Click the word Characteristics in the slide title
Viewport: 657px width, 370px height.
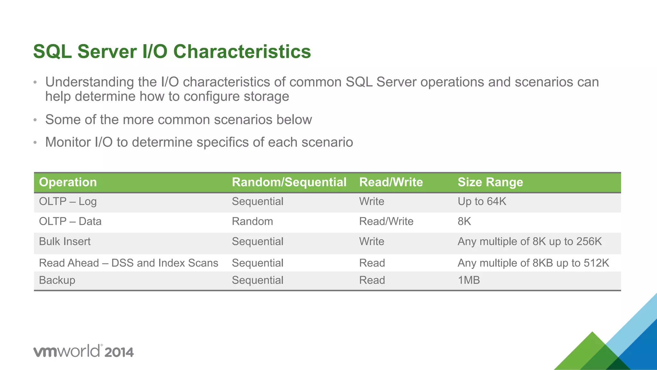pos(242,52)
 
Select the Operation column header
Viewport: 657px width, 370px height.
pos(68,182)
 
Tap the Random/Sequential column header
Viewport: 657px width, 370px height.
pos(289,182)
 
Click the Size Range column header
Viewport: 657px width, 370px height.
pos(490,182)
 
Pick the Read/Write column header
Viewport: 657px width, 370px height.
pos(391,182)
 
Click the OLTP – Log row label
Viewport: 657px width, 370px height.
pos(68,202)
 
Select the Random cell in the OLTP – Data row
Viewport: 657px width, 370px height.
pos(252,221)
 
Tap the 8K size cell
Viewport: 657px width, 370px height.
pos(464,221)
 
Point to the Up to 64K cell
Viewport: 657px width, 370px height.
pos(482,202)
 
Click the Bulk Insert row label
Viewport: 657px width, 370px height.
pos(65,242)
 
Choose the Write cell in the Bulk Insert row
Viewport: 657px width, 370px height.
pos(371,242)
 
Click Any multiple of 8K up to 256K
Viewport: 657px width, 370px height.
pos(530,242)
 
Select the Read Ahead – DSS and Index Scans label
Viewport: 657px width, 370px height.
pos(128,263)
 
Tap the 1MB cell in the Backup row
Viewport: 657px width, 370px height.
pos(469,280)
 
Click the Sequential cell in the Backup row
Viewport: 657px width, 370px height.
pos(258,280)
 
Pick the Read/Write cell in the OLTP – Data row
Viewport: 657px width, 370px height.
pos(386,221)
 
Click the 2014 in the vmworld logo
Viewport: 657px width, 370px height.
pos(119,352)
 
